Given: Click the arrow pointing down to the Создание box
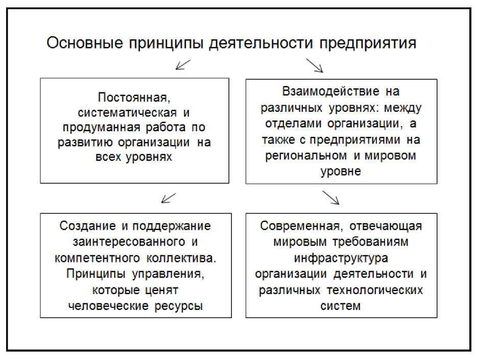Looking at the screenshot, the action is pyautogui.click(x=169, y=198).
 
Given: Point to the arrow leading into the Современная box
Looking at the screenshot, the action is pyautogui.click(x=330, y=197).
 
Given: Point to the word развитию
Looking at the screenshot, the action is pyautogui.click(x=84, y=142).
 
